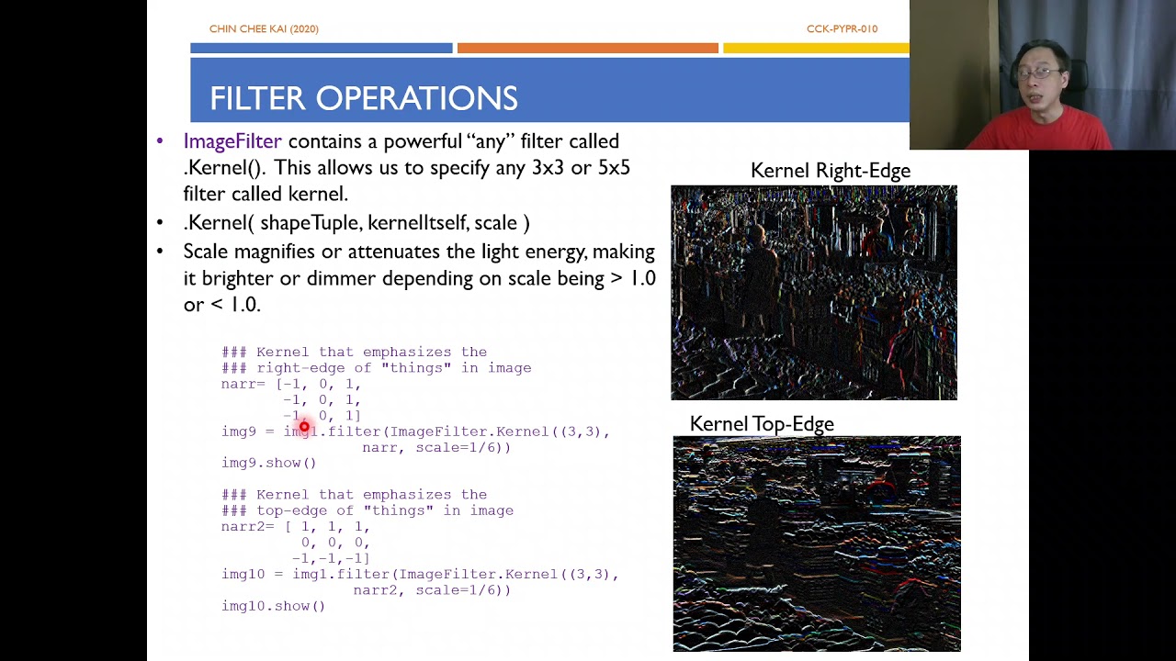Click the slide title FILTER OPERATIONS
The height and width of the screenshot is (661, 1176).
363,98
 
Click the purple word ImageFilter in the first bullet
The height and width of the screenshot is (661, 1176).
232,141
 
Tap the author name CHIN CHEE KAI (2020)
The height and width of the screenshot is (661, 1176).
264,29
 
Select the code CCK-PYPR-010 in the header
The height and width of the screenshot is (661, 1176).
842,29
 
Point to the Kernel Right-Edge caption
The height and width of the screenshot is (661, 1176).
830,171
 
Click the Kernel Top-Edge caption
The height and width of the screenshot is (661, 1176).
762,424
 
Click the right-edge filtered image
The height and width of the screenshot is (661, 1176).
813,293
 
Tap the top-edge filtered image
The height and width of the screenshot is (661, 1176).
816,543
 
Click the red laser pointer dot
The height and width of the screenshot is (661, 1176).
304,427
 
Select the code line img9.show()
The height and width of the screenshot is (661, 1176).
268,463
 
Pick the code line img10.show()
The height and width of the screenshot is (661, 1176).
273,606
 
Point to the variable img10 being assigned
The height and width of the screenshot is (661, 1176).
243,575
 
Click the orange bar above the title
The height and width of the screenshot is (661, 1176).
587,48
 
